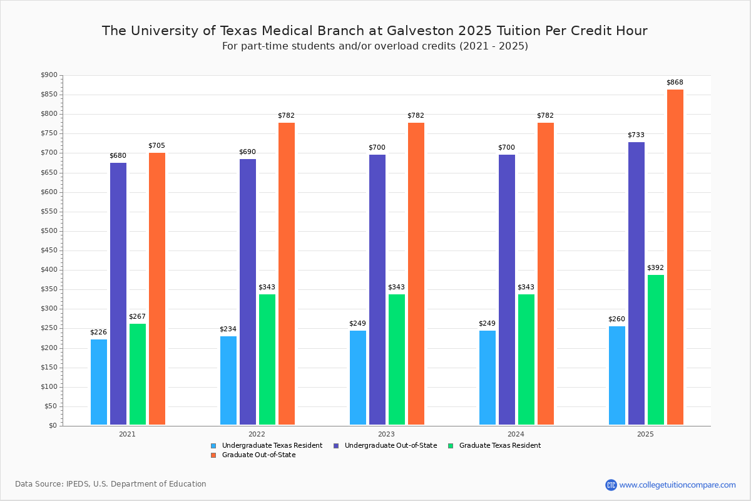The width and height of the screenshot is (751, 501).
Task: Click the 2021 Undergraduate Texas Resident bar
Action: point(99,382)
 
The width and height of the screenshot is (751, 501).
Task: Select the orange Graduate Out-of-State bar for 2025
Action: point(675,257)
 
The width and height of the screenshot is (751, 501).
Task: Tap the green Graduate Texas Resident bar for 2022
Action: point(267,359)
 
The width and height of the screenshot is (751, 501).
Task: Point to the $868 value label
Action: point(675,83)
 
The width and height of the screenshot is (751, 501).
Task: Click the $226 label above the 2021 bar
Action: point(99,332)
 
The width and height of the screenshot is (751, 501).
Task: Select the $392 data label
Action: point(656,267)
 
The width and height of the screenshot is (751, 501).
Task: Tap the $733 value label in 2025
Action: point(636,135)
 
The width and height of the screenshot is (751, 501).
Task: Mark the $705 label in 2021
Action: point(156,145)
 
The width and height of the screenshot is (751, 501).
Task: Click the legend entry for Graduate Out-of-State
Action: point(258,455)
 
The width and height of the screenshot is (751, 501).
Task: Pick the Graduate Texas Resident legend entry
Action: point(499,446)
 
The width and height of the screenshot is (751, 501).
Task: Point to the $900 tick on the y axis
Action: point(49,75)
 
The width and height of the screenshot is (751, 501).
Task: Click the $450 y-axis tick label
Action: point(49,250)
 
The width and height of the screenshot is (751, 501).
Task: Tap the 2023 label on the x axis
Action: point(386,433)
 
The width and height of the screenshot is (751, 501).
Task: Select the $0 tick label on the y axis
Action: point(53,426)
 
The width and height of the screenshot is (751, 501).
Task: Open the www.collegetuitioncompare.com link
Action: point(677,485)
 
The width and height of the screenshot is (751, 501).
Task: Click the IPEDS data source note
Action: point(111,484)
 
